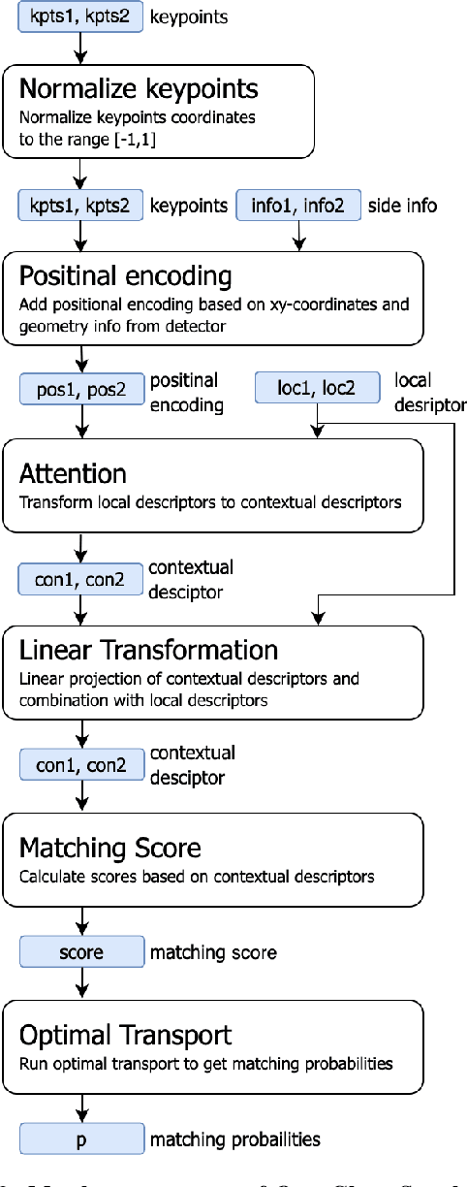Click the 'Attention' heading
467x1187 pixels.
click(x=73, y=474)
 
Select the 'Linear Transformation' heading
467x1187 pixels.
click(x=149, y=649)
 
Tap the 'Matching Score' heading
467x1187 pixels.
click(x=110, y=848)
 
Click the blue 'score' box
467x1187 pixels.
click(x=80, y=952)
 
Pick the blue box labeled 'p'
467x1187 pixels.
click(x=80, y=1138)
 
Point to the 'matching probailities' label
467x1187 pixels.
click(x=234, y=1139)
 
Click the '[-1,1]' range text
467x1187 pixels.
click(x=143, y=137)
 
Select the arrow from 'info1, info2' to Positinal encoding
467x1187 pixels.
click(x=299, y=236)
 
